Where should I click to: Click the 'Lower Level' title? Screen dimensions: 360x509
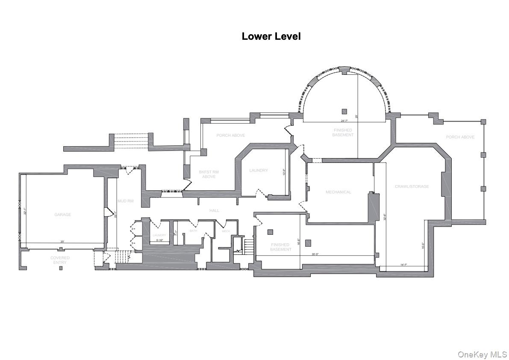coord(271,36)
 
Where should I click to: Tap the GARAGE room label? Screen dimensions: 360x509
coord(62,215)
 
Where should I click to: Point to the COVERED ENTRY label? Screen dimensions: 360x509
coord(60,260)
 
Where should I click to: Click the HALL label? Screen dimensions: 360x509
coord(214,210)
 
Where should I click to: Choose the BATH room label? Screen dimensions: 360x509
coord(193,231)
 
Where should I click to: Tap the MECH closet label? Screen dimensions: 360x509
coord(226,231)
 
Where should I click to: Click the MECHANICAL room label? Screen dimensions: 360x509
coord(338,192)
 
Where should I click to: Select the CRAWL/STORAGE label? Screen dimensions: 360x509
coord(412,186)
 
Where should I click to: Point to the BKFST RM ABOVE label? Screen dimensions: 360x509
coord(209,174)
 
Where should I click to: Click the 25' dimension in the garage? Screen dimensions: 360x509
coord(62,242)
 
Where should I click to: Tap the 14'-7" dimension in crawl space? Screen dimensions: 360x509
coord(403,265)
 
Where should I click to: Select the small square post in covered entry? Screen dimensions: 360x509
coord(61,268)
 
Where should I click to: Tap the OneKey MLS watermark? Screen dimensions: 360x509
coord(482,354)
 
